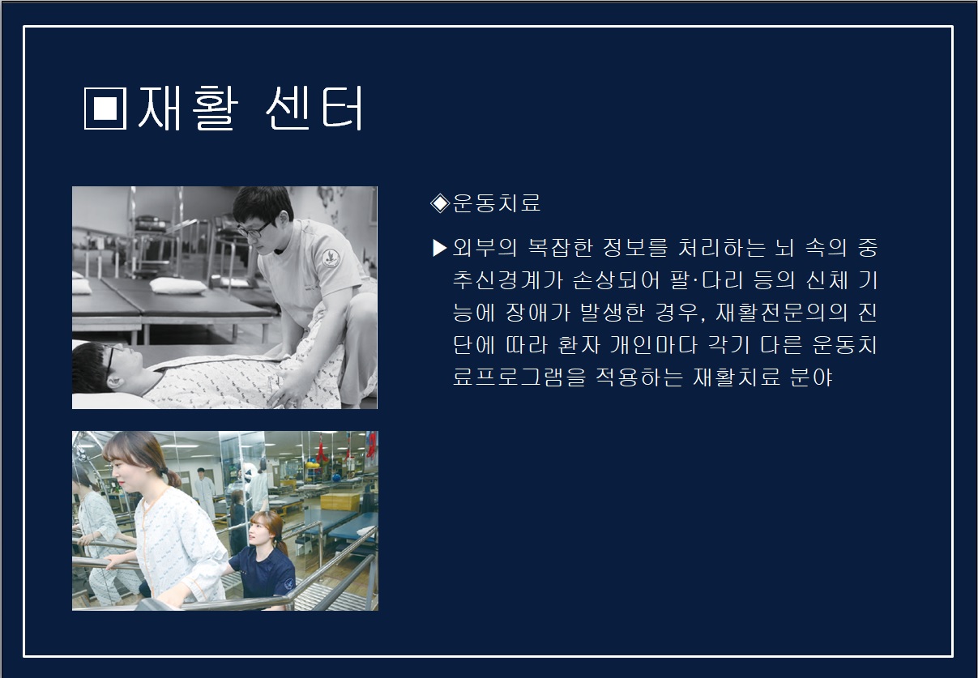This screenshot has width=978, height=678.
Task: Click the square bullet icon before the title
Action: [105, 109]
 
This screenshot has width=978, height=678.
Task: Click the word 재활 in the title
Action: [188, 108]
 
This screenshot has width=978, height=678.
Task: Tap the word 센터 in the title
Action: [314, 108]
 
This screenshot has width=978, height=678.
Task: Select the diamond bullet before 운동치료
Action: [440, 203]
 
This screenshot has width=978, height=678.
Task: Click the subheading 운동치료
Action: [497, 203]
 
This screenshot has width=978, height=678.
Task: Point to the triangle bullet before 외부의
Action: [440, 248]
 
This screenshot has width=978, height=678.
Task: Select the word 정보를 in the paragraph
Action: [635, 248]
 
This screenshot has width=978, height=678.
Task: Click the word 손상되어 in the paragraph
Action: [616, 279]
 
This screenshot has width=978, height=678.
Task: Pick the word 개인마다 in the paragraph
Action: [654, 345]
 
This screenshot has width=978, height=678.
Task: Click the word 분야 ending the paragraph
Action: [811, 377]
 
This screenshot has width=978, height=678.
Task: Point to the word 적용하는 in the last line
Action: [639, 377]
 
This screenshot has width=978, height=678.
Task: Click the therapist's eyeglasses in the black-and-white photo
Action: [254, 229]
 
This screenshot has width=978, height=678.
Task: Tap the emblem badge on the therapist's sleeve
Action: [331, 258]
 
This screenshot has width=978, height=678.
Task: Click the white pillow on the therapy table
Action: [177, 285]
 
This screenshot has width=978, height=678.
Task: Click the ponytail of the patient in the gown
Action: [172, 478]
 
